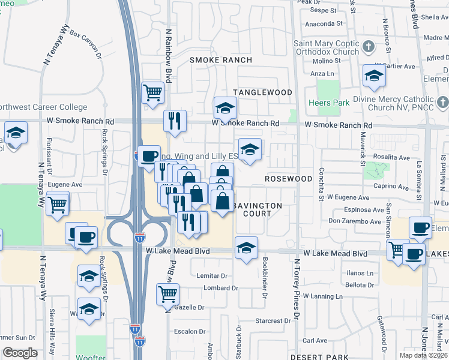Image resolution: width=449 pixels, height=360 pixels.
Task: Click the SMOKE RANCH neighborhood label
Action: click(x=220, y=60)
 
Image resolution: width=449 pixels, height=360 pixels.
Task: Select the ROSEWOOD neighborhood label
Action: click(x=289, y=179)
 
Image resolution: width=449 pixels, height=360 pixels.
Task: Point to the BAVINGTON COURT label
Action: click(x=257, y=209)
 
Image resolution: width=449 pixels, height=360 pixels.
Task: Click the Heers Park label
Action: click(x=331, y=103)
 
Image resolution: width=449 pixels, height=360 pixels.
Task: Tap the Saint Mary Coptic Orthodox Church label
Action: click(x=325, y=47)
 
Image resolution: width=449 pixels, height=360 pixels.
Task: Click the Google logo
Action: click(x=20, y=353)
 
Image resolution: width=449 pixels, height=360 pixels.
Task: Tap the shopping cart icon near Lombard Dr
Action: click(x=167, y=294)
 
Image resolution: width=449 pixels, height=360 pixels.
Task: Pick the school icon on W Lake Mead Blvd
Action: click(x=246, y=247)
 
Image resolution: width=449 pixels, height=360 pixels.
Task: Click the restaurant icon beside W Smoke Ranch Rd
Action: click(x=175, y=120)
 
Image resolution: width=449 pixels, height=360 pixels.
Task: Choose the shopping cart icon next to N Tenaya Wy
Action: click(x=57, y=204)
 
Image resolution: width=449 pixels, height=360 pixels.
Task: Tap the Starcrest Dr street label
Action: click(x=273, y=321)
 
